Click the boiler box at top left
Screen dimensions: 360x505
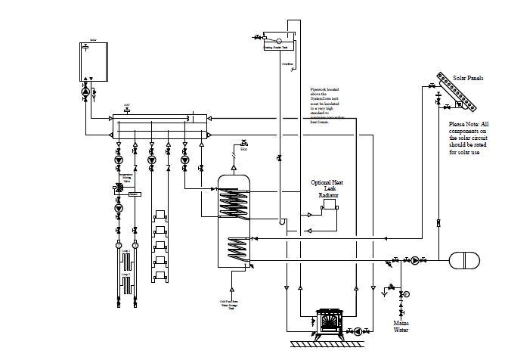point(91,61)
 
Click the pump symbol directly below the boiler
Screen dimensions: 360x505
point(85,92)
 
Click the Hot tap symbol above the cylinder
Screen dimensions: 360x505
point(243,144)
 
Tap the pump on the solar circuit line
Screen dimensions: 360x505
point(414,260)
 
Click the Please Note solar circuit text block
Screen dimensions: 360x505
point(469,138)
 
